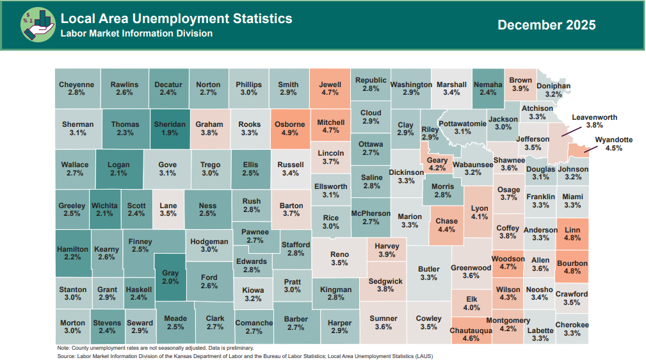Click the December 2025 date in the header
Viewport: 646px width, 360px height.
click(x=546, y=25)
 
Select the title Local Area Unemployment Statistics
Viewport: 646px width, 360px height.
click(x=176, y=19)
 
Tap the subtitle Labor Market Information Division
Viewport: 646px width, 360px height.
click(x=136, y=33)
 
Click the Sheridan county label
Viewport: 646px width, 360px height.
click(x=170, y=124)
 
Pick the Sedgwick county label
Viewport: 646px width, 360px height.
click(x=385, y=281)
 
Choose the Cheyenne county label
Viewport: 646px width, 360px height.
click(x=76, y=85)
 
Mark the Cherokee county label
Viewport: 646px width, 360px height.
click(x=572, y=325)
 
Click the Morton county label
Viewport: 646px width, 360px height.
click(x=72, y=323)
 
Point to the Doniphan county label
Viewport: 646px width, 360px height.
click(x=553, y=85)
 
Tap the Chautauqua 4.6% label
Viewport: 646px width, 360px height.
click(x=471, y=331)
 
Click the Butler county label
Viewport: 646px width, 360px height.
click(x=428, y=269)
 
